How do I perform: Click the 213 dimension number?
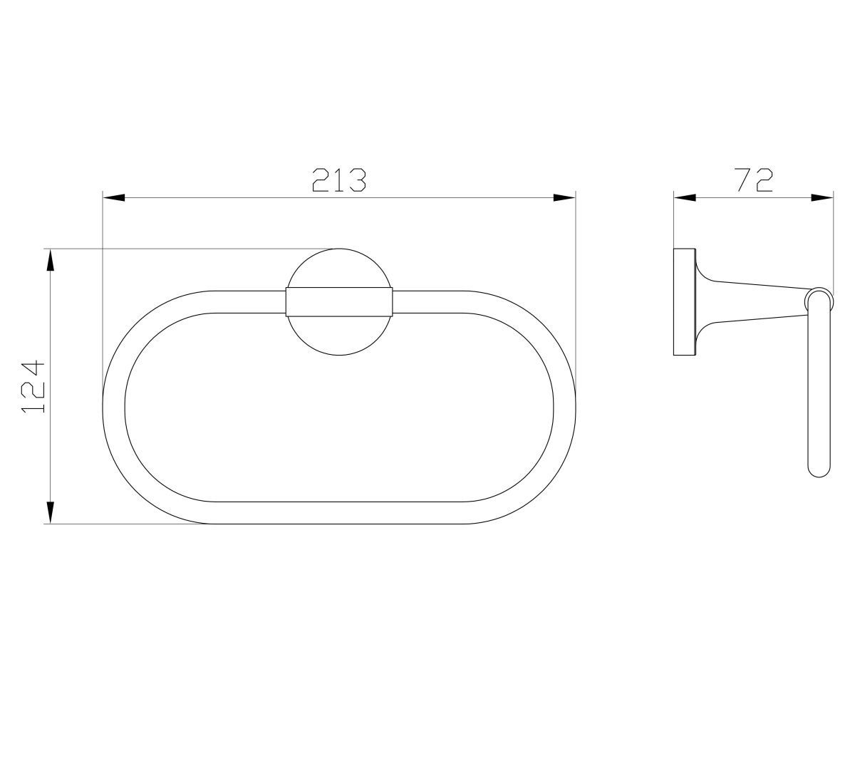(x=339, y=180)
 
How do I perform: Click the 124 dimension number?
(x=33, y=387)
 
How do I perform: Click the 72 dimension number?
(x=753, y=180)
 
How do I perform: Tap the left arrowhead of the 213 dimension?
(x=114, y=198)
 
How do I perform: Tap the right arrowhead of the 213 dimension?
(x=564, y=198)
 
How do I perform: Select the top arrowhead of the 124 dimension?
(x=51, y=259)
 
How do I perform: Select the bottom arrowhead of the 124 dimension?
(x=51, y=512)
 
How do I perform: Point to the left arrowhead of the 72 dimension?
(x=685, y=198)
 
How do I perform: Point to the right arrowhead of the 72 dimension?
(x=822, y=198)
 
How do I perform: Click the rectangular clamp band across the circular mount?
(x=339, y=302)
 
